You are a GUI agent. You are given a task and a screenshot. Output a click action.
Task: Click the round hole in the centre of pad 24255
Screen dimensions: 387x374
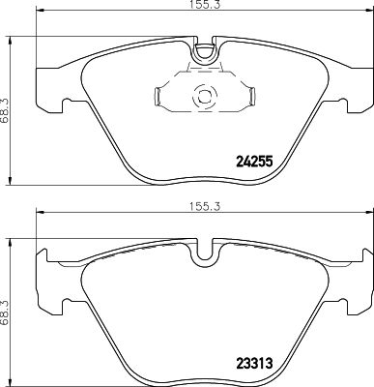(203, 97)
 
